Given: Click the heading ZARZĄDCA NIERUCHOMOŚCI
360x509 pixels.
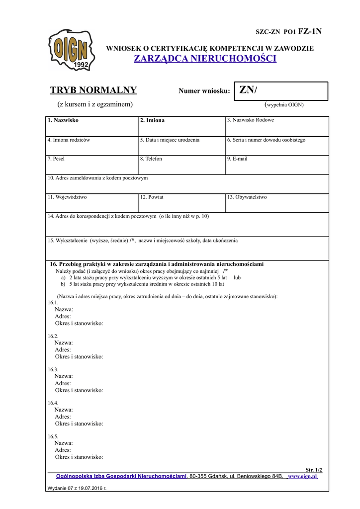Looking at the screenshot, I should coord(205,59).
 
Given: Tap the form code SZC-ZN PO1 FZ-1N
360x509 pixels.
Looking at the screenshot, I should coord(288,31).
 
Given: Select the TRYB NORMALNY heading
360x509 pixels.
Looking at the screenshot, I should coord(93,90).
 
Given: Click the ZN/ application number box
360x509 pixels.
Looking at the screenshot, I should coord(281,91).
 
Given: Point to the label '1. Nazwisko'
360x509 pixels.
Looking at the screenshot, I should coord(63,120).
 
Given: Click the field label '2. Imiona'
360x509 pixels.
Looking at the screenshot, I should coord(152,120).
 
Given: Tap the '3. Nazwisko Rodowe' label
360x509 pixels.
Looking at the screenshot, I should coord(250,120).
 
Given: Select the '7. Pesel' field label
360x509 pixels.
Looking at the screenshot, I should coord(56,159).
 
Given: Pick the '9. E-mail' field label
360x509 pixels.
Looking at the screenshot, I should coord(237,159).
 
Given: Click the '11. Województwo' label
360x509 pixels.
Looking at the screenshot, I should coord(67,197).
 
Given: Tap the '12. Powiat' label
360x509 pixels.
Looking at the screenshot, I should coord(152,197).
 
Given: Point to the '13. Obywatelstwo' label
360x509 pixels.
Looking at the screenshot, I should coord(247,197).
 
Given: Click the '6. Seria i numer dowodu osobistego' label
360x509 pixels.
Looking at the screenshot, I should coord(266,140).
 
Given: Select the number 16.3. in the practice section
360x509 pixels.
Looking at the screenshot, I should coord(53,369).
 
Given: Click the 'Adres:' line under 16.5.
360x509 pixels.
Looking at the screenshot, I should coord(63,450).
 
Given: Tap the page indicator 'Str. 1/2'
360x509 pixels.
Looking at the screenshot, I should coord(313,470).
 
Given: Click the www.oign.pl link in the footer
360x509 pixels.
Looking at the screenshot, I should coord(302,476).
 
